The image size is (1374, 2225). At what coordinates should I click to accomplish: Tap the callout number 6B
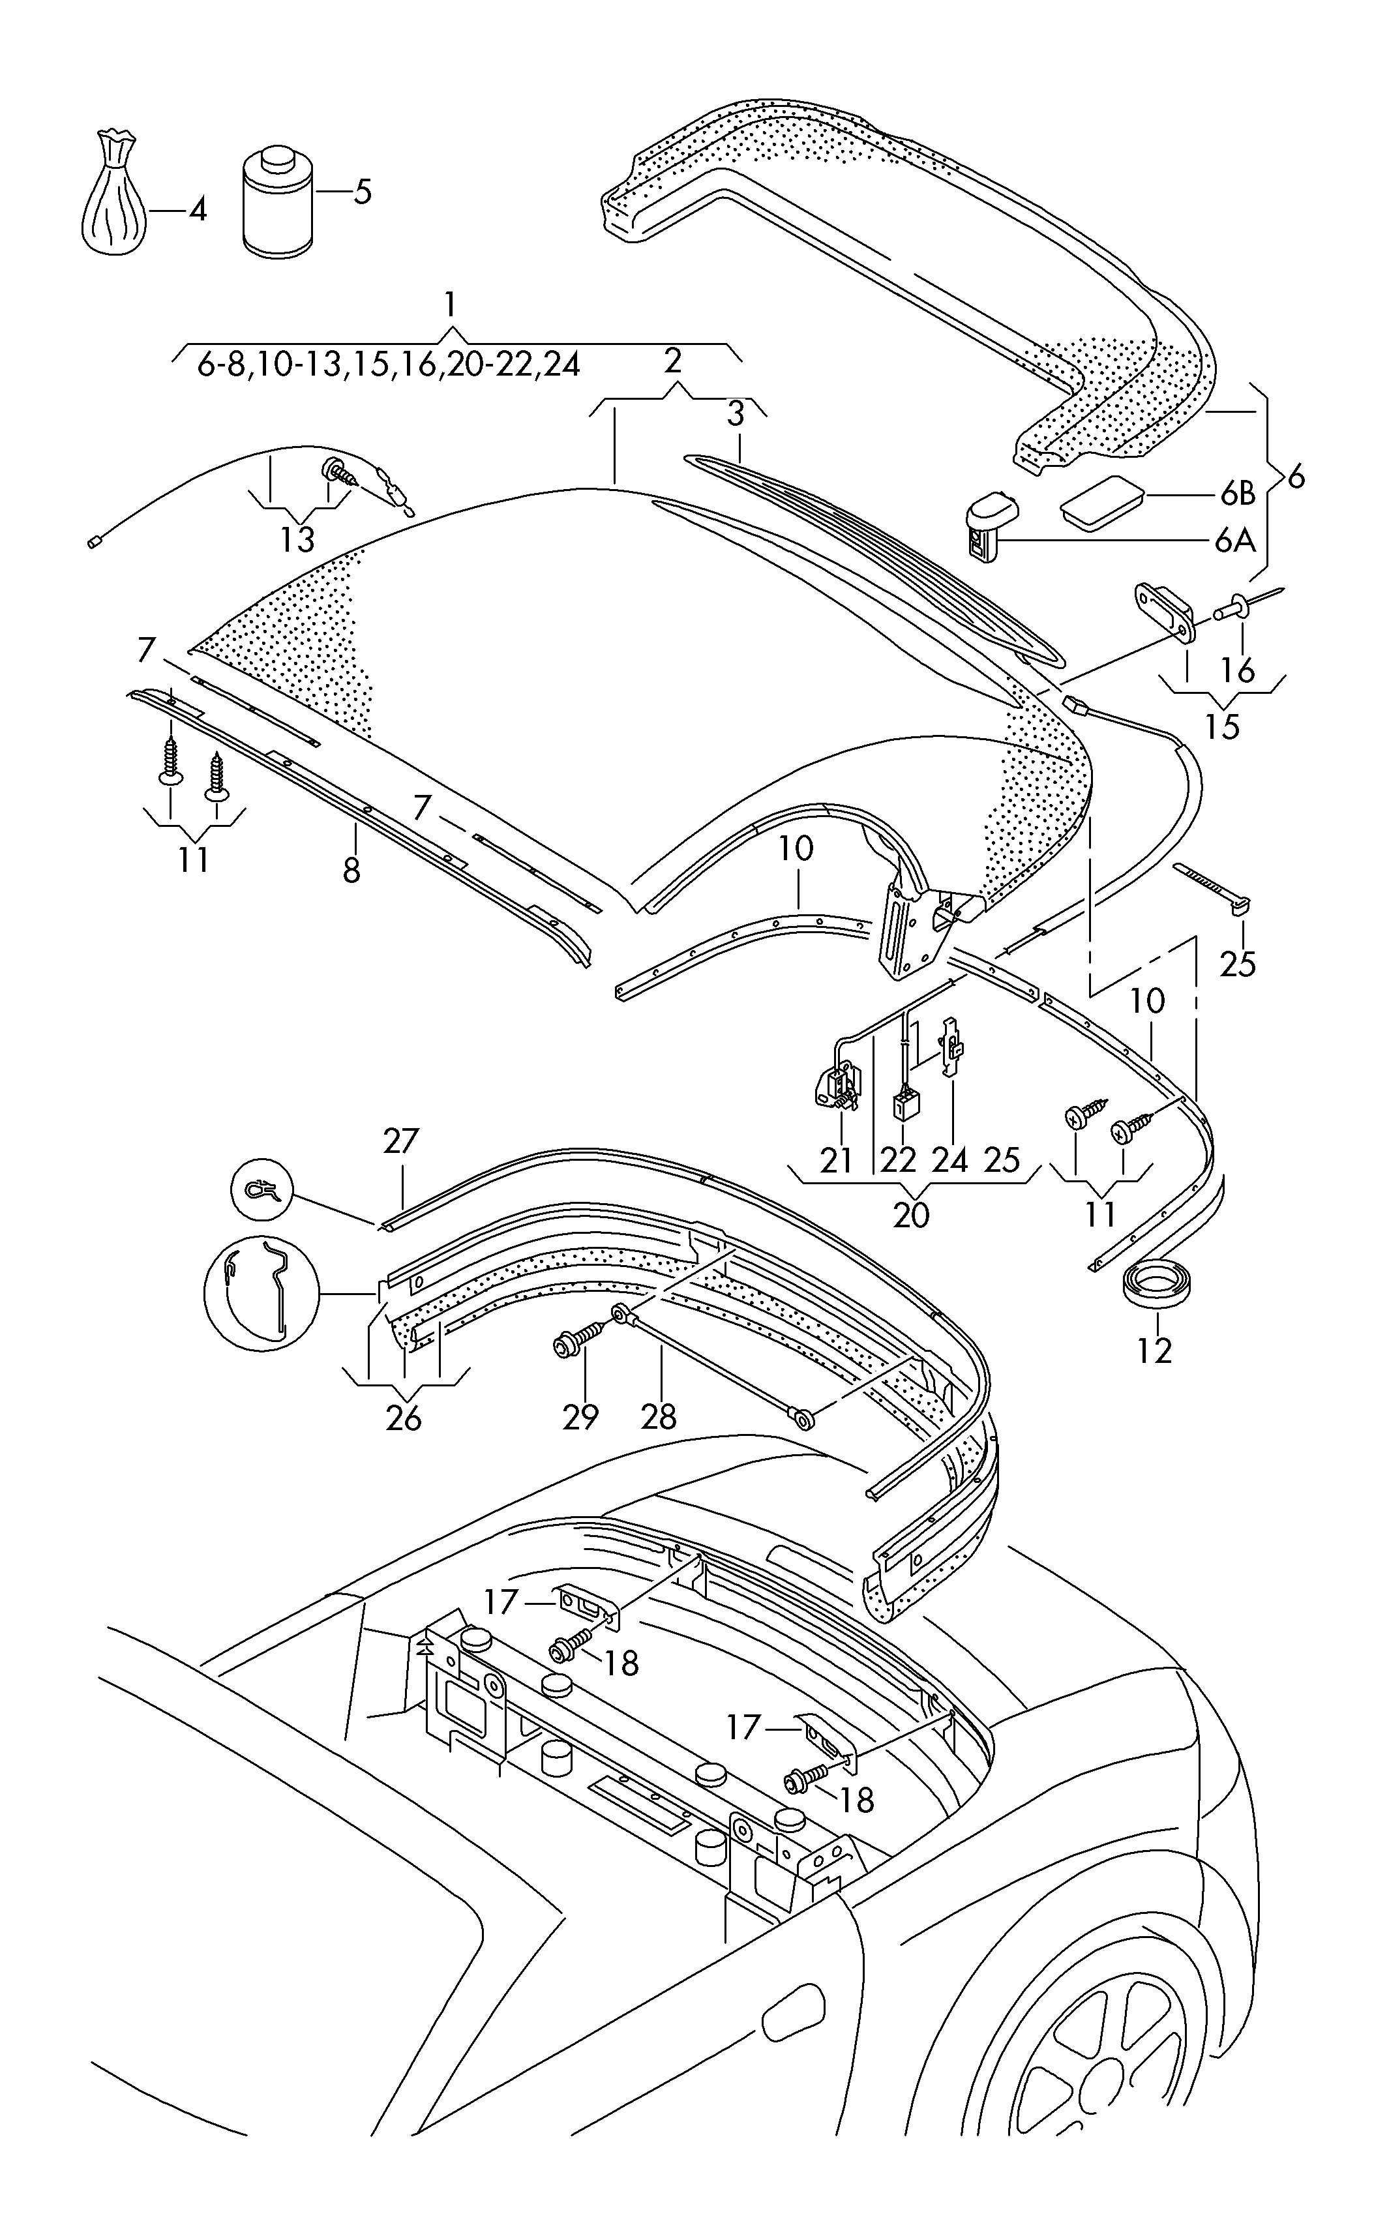(x=1237, y=494)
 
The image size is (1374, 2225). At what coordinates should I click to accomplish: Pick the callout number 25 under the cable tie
(x=1237, y=964)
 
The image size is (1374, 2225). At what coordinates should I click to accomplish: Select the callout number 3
(x=735, y=414)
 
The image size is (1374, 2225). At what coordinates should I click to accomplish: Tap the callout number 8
(x=351, y=869)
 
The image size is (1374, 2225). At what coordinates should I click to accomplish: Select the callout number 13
(x=297, y=540)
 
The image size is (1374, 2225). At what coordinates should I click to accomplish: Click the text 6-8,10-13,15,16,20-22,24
(x=389, y=365)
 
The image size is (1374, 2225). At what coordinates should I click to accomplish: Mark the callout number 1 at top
(x=450, y=303)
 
